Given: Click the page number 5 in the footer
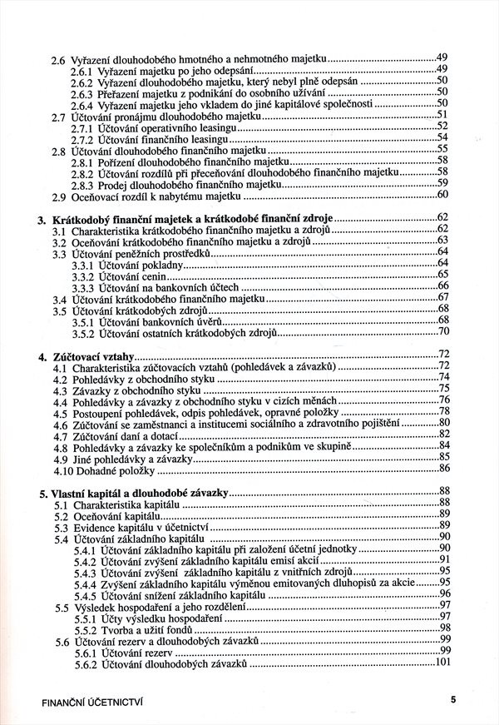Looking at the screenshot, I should (454, 699).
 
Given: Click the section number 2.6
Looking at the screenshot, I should (57, 61).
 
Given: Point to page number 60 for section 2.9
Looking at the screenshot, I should (442, 196).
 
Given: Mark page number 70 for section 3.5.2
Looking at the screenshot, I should (443, 332).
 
